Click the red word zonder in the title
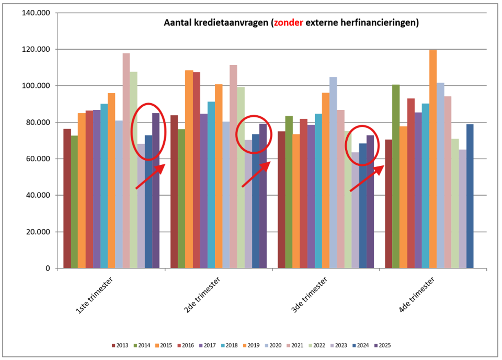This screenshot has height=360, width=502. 288,23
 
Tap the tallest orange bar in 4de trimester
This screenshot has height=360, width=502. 433,159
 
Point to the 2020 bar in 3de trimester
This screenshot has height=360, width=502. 333,173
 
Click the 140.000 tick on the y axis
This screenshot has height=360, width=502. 36,13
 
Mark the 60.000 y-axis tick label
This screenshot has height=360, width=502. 38,159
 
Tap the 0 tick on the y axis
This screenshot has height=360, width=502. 48,268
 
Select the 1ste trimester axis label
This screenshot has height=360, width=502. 94,295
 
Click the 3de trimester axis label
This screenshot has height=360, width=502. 309,295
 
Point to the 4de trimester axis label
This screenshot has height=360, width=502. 416,295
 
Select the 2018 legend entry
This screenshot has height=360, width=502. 229,345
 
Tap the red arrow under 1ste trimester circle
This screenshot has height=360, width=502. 150,177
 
